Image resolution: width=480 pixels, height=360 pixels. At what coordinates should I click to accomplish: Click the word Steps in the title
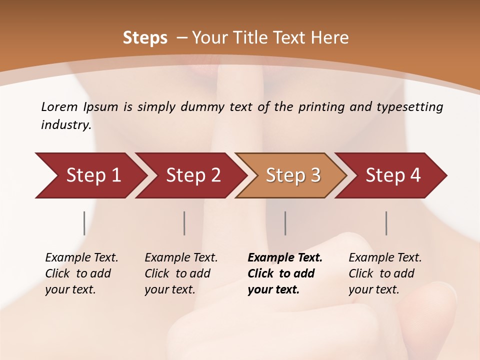coord(145,38)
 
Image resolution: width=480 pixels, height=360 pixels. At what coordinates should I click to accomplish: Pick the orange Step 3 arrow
coord(293,175)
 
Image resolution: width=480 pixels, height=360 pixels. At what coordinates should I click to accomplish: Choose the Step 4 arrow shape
coord(393,175)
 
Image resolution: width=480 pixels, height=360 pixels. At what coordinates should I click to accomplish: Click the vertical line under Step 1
coord(84,223)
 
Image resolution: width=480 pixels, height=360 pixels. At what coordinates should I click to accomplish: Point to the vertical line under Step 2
coord(184,223)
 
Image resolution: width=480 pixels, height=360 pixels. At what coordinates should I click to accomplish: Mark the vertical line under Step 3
coord(285,223)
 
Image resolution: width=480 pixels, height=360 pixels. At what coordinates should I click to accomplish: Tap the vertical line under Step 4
coord(386,223)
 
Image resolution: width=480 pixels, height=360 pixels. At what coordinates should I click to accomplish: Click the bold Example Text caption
coord(285,273)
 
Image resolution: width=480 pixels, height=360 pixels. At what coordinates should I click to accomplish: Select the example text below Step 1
coord(81,273)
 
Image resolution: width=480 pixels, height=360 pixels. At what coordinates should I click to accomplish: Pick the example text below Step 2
coord(181,273)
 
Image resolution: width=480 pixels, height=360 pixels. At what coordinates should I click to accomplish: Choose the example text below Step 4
coord(385,273)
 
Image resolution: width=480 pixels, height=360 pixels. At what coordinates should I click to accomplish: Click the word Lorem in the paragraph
coord(59,107)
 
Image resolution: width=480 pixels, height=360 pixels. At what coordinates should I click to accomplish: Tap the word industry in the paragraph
coord(65,125)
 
